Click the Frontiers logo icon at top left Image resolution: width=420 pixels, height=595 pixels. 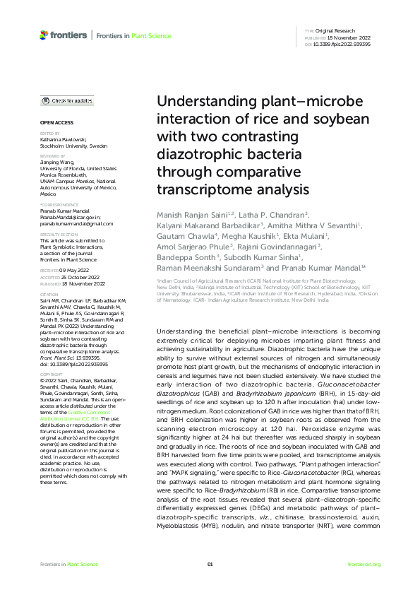(44, 35)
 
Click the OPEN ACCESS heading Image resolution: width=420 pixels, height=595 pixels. (53, 123)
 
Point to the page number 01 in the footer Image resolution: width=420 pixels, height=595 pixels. (210, 564)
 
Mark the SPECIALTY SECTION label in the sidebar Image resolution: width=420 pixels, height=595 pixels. (59, 234)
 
